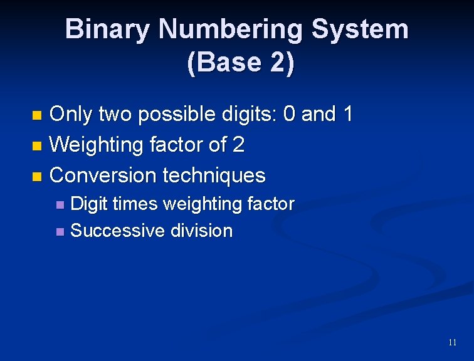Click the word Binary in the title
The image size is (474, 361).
coord(107,29)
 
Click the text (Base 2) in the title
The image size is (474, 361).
coord(240,63)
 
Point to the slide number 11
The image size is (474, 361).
coord(452,342)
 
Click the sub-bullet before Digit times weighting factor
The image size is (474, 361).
coord(60,205)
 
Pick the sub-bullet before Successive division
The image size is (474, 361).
coord(60,232)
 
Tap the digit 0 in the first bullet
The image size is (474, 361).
coord(290,114)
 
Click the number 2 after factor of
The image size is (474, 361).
coord(238,145)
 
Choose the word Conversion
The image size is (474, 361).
coord(103,175)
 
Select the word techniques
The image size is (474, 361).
coord(214,175)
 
